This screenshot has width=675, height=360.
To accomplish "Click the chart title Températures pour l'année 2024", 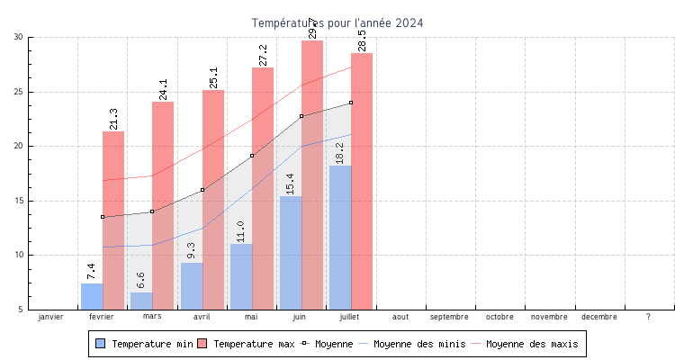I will [337, 22].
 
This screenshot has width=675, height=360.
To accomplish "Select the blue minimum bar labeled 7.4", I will [91, 296].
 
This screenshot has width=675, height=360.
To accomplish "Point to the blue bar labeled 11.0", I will [240, 276].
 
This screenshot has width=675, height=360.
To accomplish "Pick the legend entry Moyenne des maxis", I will [532, 344].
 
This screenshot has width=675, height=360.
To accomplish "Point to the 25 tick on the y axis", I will [19, 92].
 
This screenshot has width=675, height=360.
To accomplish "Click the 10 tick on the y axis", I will [19, 255].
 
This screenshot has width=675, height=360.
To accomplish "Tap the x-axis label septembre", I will [449, 317].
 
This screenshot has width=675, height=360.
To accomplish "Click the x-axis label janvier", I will [51, 317].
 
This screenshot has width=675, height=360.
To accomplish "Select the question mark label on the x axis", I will [648, 317].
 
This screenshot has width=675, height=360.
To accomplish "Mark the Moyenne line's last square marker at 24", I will [351, 103].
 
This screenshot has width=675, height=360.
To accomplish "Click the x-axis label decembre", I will [598, 317].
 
